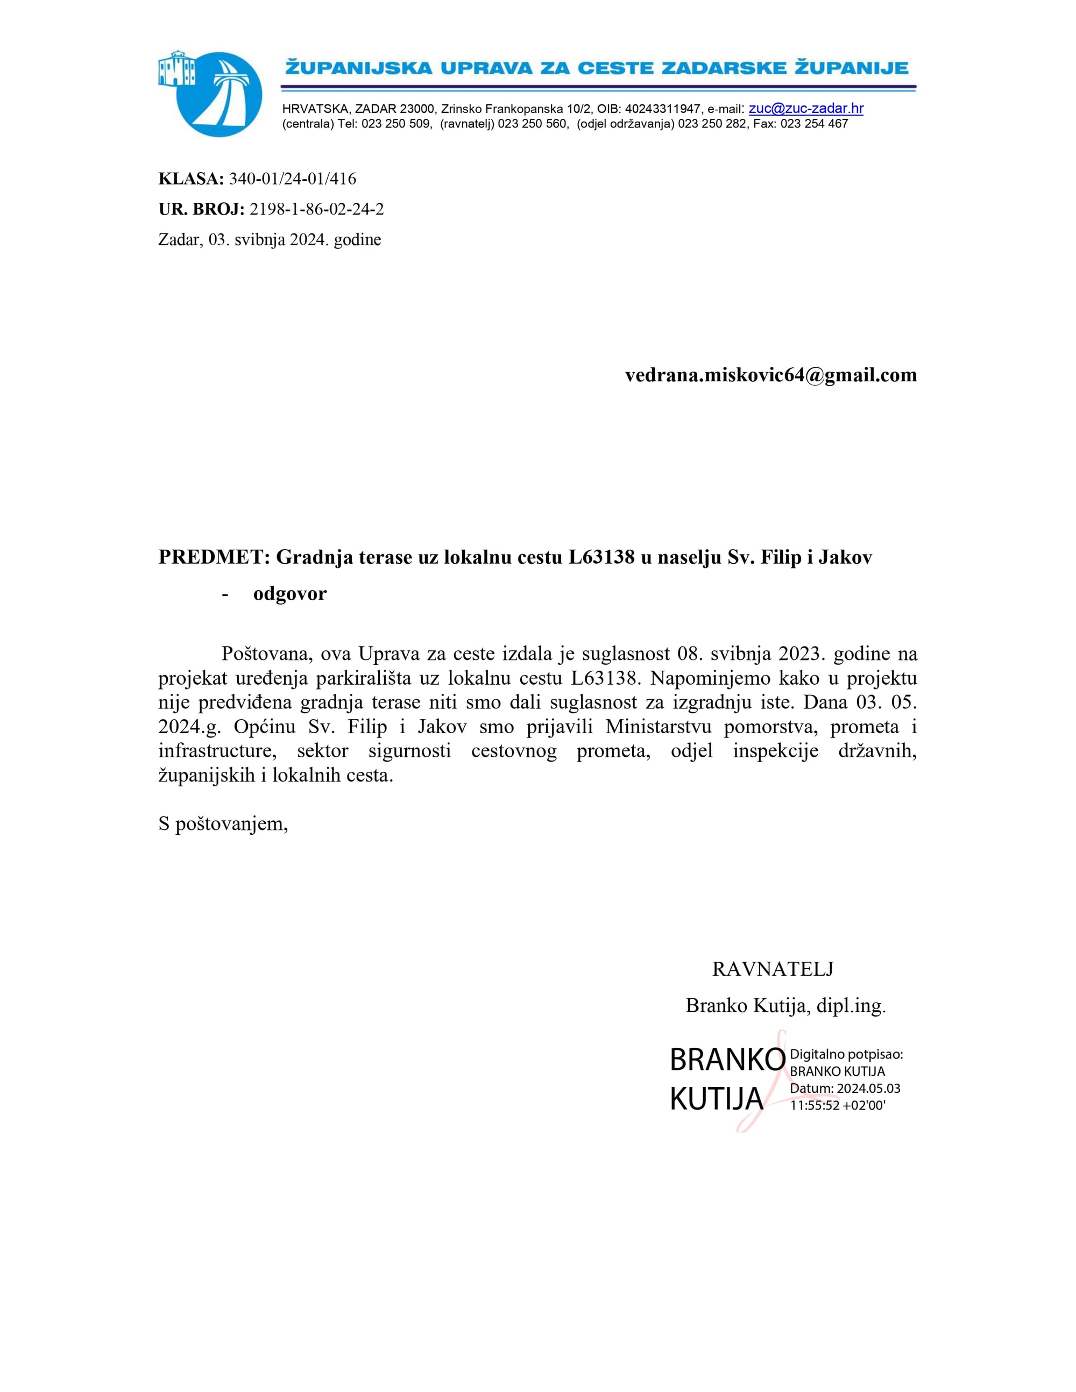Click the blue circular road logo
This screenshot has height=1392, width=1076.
[218, 94]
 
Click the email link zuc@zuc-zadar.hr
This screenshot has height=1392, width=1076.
[806, 108]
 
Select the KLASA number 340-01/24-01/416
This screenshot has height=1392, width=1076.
[292, 179]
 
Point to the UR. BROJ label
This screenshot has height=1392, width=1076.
[201, 209]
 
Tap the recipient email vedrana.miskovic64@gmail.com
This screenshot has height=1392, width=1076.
[770, 375]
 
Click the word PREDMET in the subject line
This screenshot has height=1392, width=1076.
[210, 557]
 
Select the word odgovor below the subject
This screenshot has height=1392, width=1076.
[289, 593]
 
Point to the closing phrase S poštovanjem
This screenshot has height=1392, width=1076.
[223, 824]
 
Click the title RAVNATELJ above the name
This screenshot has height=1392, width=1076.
[773, 969]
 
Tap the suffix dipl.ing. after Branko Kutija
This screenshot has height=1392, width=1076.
[851, 1006]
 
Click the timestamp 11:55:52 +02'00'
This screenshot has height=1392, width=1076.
[838, 1105]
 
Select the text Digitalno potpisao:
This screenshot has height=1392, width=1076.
[846, 1055]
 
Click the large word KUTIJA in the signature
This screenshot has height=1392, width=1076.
[717, 1098]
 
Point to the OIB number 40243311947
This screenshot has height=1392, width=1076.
[663, 109]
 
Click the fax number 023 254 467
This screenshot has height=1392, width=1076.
[814, 124]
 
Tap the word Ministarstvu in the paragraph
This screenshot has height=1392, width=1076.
[659, 727]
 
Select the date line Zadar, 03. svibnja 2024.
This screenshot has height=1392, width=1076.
[269, 240]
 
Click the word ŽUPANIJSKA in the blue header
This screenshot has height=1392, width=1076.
[358, 68]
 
